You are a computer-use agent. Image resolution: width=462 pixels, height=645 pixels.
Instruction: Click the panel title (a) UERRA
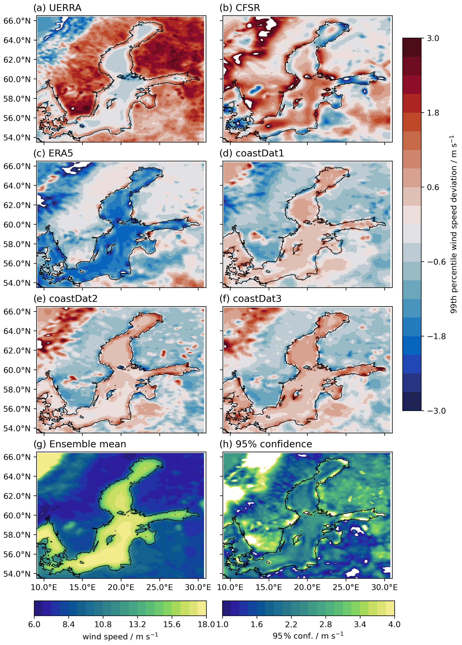click(x=57, y=8)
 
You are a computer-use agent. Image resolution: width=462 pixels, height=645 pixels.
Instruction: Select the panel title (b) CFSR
click(x=240, y=8)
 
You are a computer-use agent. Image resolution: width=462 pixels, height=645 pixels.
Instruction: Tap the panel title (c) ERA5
click(x=53, y=153)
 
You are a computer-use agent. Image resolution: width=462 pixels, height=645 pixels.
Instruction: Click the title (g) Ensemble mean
click(x=80, y=444)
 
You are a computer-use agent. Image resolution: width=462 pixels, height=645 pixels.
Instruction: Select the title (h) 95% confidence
click(x=266, y=444)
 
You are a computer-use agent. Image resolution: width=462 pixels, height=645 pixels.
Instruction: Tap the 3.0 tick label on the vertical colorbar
click(x=433, y=38)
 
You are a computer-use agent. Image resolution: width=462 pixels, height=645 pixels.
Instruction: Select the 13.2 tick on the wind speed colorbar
click(x=137, y=624)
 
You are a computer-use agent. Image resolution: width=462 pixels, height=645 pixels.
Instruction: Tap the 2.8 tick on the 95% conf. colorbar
click(x=325, y=624)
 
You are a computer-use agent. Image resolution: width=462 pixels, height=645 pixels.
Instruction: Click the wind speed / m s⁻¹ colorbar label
click(x=120, y=636)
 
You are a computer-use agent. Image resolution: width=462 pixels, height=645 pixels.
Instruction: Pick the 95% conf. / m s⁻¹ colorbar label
click(x=308, y=636)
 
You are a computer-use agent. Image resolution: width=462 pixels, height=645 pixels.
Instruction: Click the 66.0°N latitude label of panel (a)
click(x=17, y=21)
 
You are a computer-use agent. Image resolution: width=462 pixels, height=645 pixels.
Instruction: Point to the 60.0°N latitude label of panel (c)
click(x=17, y=225)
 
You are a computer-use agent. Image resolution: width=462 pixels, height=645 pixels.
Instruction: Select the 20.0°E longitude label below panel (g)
click(x=121, y=587)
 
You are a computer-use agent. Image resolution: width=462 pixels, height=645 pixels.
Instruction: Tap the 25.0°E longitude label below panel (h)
click(x=346, y=587)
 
